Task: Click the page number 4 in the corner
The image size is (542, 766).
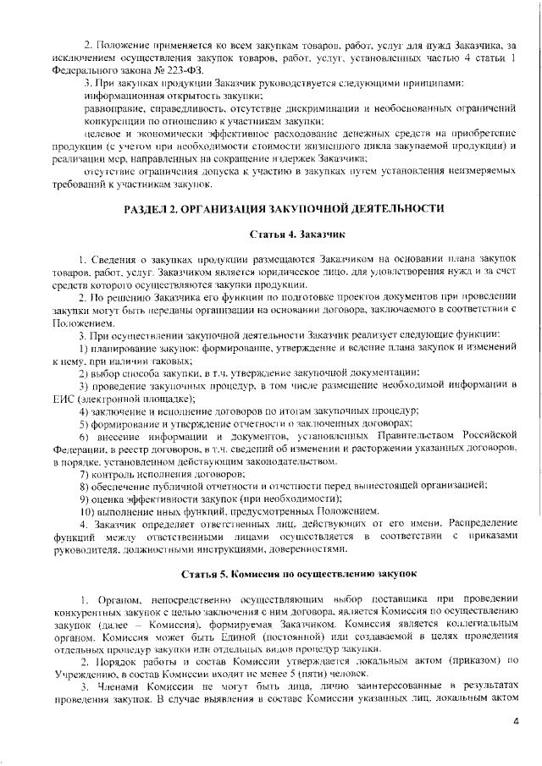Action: pos(516,721)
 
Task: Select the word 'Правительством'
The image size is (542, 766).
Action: pos(384,436)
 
